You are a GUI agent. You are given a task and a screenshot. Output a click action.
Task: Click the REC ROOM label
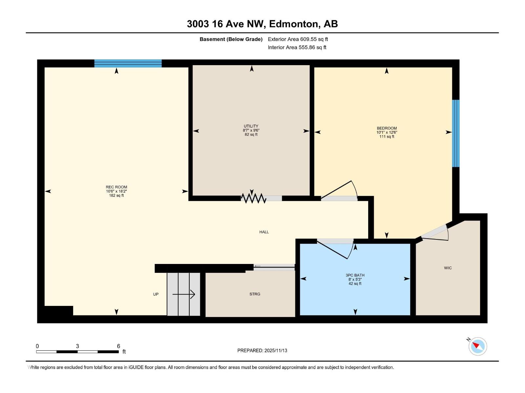116,187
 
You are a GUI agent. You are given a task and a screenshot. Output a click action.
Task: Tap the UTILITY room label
251,126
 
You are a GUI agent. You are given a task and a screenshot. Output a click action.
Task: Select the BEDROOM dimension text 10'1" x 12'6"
387,133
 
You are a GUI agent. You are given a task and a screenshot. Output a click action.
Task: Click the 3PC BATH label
355,275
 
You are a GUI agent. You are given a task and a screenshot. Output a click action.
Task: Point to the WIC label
448,268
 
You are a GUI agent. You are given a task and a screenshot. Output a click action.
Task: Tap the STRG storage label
255,294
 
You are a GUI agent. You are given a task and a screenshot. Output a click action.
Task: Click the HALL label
264,232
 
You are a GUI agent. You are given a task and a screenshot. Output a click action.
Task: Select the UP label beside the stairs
156,294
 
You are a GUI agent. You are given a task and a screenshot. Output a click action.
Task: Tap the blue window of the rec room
128,64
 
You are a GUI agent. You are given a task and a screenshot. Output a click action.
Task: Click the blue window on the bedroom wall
455,133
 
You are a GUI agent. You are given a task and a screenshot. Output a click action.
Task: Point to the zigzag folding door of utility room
253,198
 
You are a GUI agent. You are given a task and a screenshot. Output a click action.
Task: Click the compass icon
477,346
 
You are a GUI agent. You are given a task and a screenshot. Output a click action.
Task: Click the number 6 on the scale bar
118,346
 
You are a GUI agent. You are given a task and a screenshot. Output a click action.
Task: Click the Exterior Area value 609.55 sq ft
314,39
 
